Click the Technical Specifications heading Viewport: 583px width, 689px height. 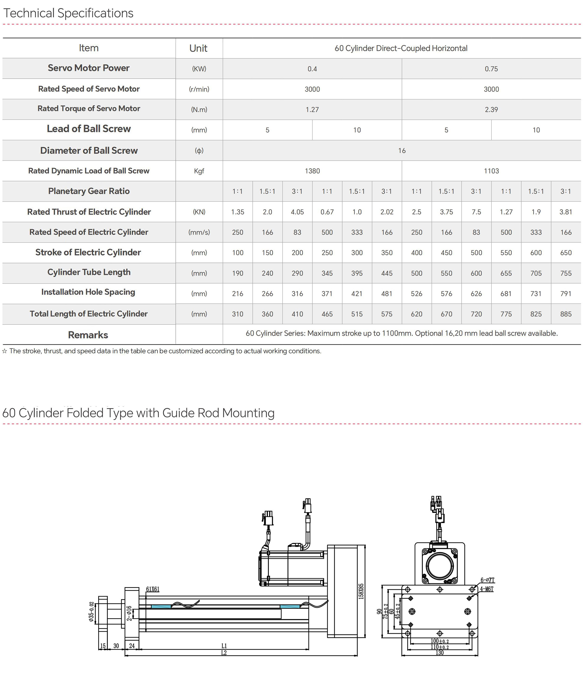[x=68, y=13]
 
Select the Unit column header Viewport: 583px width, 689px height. [x=198, y=48]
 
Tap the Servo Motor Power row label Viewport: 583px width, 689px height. [x=89, y=68]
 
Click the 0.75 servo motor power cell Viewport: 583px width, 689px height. [x=491, y=69]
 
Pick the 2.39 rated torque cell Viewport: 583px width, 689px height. [x=491, y=109]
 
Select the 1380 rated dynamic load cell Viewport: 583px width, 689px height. [x=312, y=171]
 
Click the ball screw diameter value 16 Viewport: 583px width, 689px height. [x=401, y=150]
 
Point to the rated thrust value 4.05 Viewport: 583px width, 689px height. [x=297, y=212]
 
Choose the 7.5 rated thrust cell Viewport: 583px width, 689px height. [x=476, y=212]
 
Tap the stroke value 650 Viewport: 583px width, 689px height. [x=566, y=253]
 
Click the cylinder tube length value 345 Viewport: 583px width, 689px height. [x=327, y=273]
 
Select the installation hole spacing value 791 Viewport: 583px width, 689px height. [x=566, y=294]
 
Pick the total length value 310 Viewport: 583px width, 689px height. [x=238, y=314]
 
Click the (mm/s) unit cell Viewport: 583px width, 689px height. [x=199, y=232]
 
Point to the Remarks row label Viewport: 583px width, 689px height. [x=88, y=335]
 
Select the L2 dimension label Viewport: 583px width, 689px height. [x=224, y=653]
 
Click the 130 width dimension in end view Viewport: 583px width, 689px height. [x=440, y=653]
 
